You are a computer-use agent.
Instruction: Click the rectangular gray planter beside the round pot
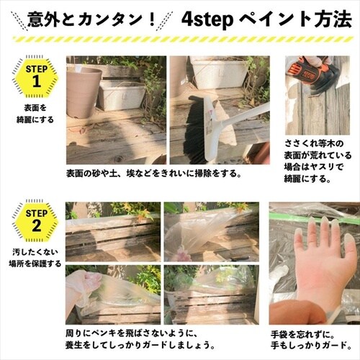point(120,94)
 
